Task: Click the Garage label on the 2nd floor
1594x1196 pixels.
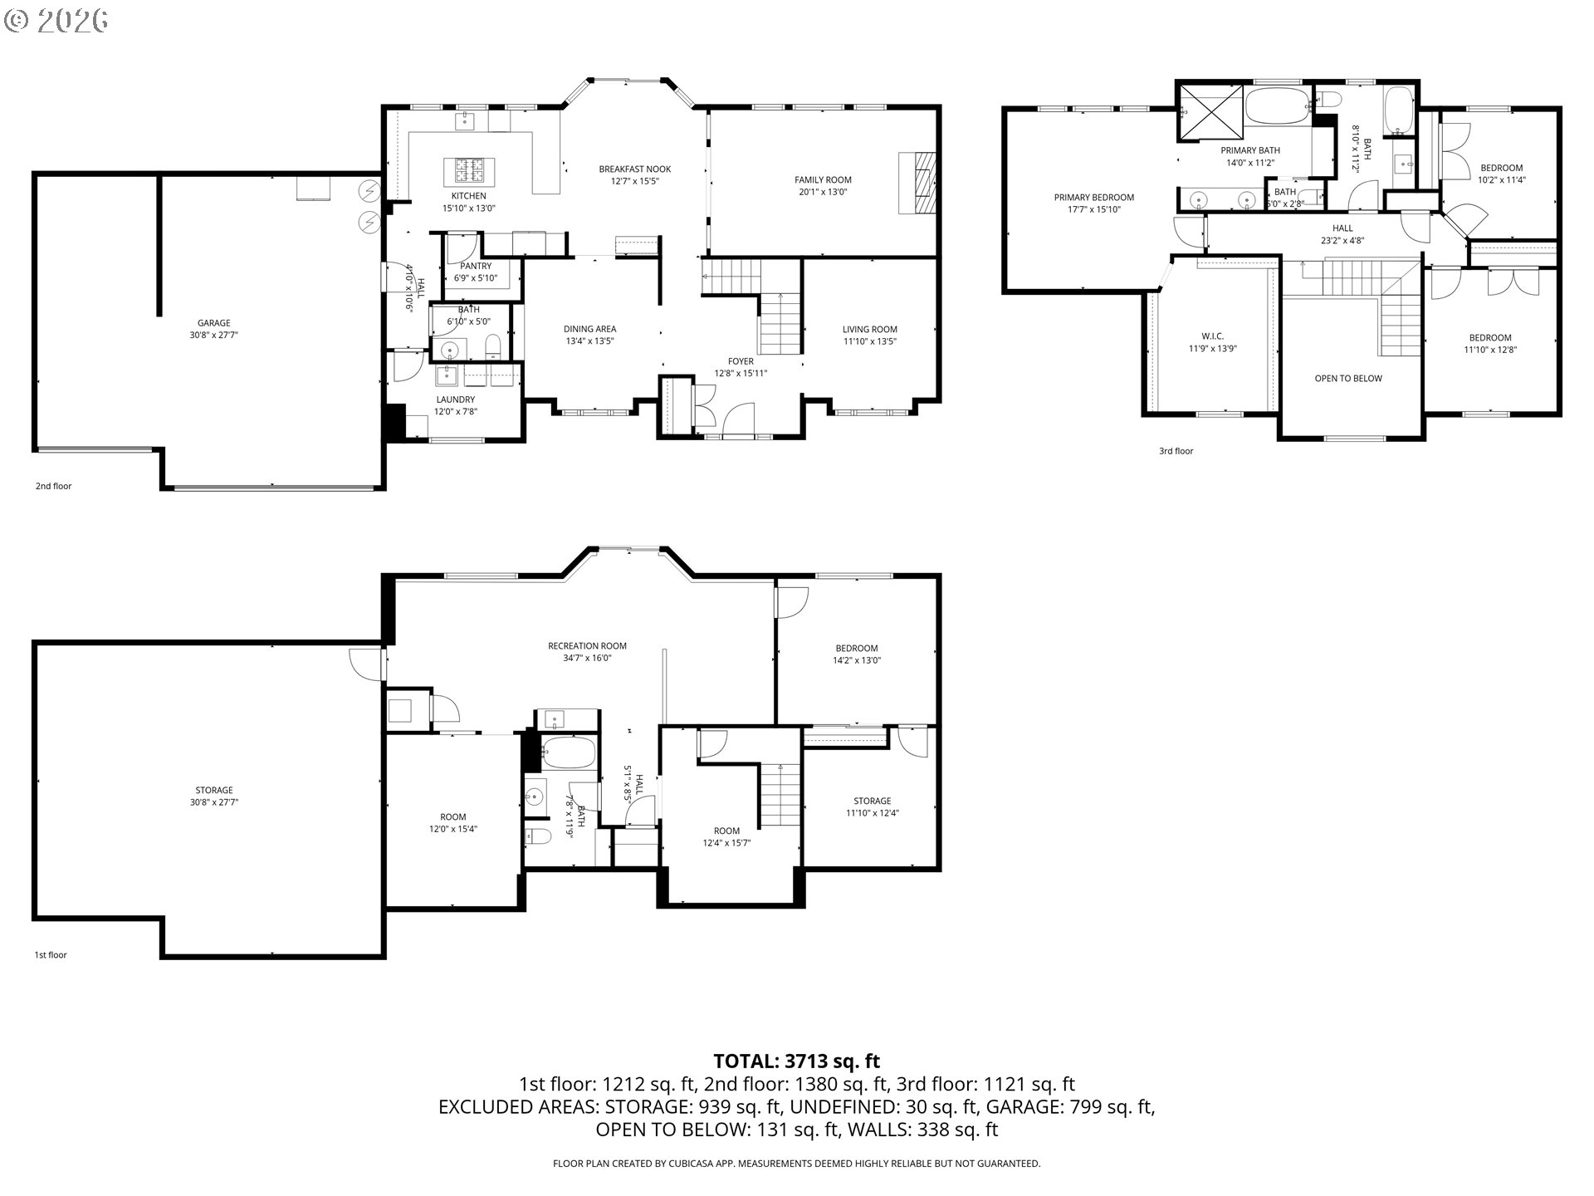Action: [213, 323]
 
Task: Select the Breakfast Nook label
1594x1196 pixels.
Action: [634, 169]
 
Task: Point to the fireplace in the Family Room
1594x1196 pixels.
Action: [920, 184]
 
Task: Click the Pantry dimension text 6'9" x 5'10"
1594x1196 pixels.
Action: [476, 278]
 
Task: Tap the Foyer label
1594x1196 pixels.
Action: [741, 361]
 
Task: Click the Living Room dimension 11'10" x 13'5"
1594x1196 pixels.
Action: [869, 341]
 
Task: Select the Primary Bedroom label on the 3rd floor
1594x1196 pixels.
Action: [1093, 198]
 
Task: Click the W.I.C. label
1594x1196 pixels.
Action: [1212, 336]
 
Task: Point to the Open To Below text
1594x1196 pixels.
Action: [1348, 379]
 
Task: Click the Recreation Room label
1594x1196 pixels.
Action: [587, 646]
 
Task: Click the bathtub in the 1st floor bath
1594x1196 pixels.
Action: [569, 752]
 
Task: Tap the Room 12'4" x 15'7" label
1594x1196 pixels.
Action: [726, 831]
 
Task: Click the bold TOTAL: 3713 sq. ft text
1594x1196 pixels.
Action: [796, 1061]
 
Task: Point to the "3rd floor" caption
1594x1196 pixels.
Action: [1176, 451]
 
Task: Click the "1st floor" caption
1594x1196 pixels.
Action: [50, 955]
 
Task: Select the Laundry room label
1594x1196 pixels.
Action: [455, 399]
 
